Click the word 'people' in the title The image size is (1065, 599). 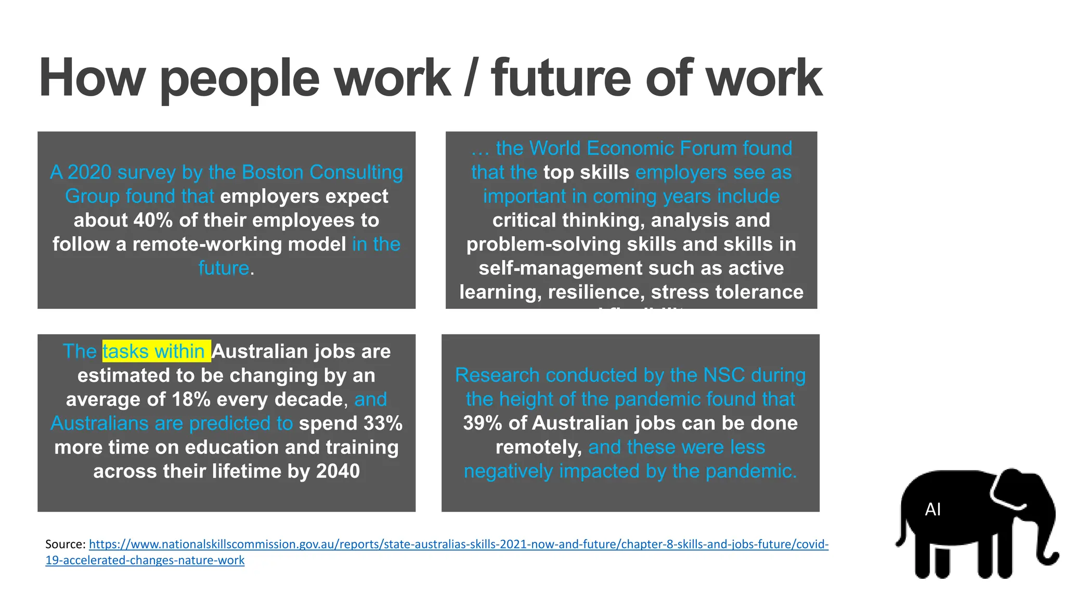click(x=239, y=79)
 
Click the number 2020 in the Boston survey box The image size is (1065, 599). click(x=89, y=172)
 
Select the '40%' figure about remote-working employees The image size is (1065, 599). click(x=153, y=220)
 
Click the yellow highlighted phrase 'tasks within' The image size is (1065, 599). click(x=156, y=351)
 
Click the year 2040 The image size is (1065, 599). click(x=337, y=471)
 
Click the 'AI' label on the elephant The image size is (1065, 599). click(x=933, y=510)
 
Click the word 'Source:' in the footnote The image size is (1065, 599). click(x=66, y=544)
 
